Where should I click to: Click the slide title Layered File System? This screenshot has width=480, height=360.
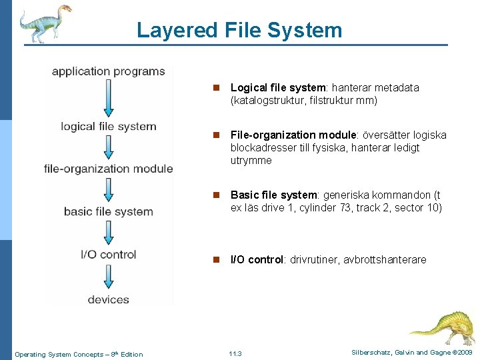tap(239, 30)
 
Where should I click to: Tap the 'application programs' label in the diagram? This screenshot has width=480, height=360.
tap(108, 71)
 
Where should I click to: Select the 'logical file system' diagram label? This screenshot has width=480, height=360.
tap(108, 127)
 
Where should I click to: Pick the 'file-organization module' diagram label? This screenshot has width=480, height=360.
tap(108, 169)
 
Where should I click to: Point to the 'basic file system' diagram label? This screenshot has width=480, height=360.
tap(108, 211)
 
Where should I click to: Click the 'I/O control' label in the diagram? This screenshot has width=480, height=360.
tap(108, 254)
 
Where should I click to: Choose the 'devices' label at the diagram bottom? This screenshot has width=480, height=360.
tap(108, 299)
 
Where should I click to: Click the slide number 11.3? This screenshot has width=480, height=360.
tap(235, 353)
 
